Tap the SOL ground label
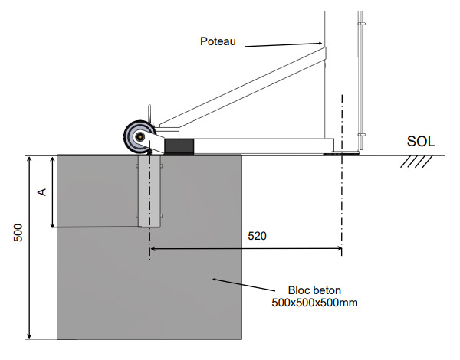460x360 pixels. tap(421, 142)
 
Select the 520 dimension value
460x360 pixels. tap(257, 237)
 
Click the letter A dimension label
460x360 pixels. tap(44, 190)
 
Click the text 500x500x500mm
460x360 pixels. tap(315, 303)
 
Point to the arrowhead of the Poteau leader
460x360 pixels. tap(320, 45)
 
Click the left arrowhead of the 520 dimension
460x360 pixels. tap(153, 249)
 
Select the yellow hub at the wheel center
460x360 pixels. tap(140, 139)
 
